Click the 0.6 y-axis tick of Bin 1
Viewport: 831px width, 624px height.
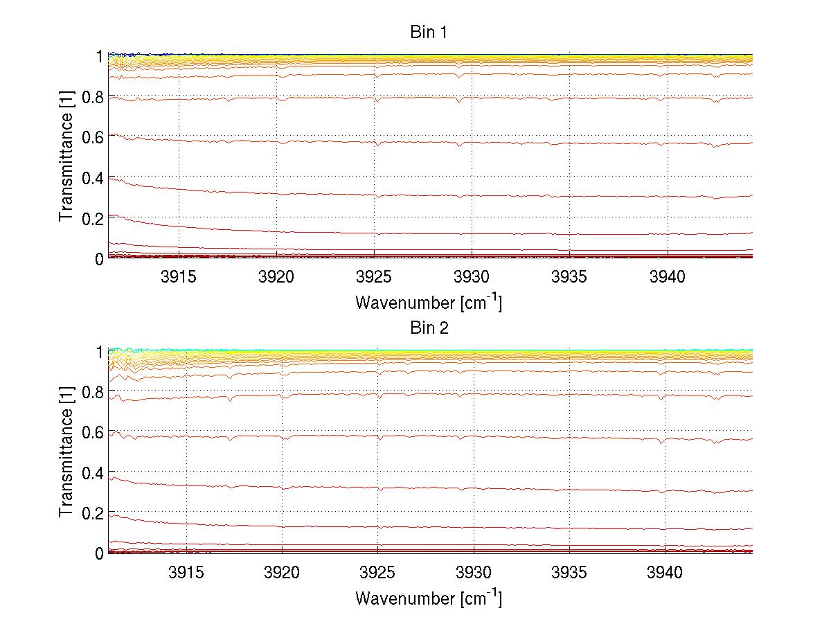point(92,136)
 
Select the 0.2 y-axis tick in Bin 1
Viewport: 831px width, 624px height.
point(92,218)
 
